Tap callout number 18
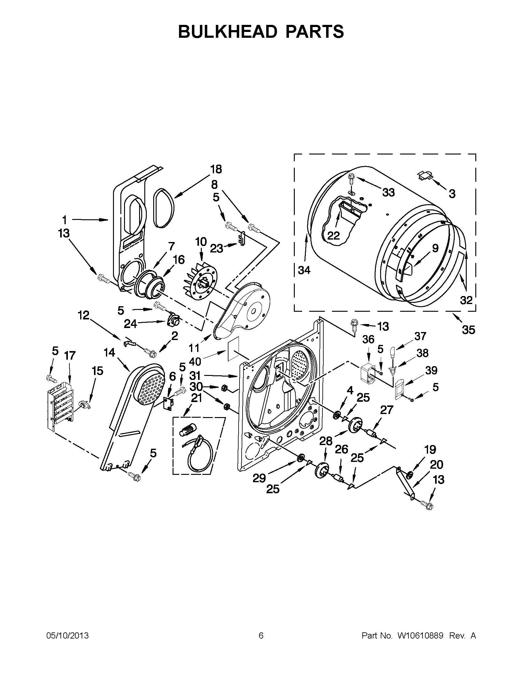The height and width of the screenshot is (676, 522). [216, 169]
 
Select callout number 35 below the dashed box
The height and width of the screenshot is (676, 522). [468, 330]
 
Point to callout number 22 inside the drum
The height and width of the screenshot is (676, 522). [333, 236]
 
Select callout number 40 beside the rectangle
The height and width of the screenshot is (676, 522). [195, 361]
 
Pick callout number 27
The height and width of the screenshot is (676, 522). [387, 410]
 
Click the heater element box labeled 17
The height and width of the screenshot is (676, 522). [61, 402]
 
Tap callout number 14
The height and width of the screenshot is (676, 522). [109, 353]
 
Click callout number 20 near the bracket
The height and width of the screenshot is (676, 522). [436, 465]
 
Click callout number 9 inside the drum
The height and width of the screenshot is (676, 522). [435, 248]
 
